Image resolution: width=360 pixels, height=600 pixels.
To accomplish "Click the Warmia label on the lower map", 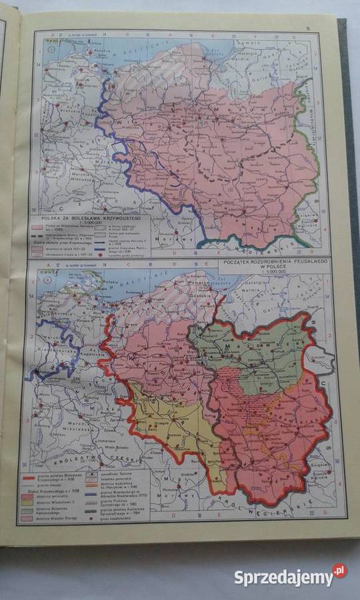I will click(x=269, y=297).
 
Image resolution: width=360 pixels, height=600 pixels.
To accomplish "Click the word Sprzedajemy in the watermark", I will click(x=283, y=577).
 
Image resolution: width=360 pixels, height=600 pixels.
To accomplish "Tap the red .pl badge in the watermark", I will click(x=339, y=571).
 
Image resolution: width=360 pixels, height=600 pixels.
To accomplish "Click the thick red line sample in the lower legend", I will click(x=28, y=477).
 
